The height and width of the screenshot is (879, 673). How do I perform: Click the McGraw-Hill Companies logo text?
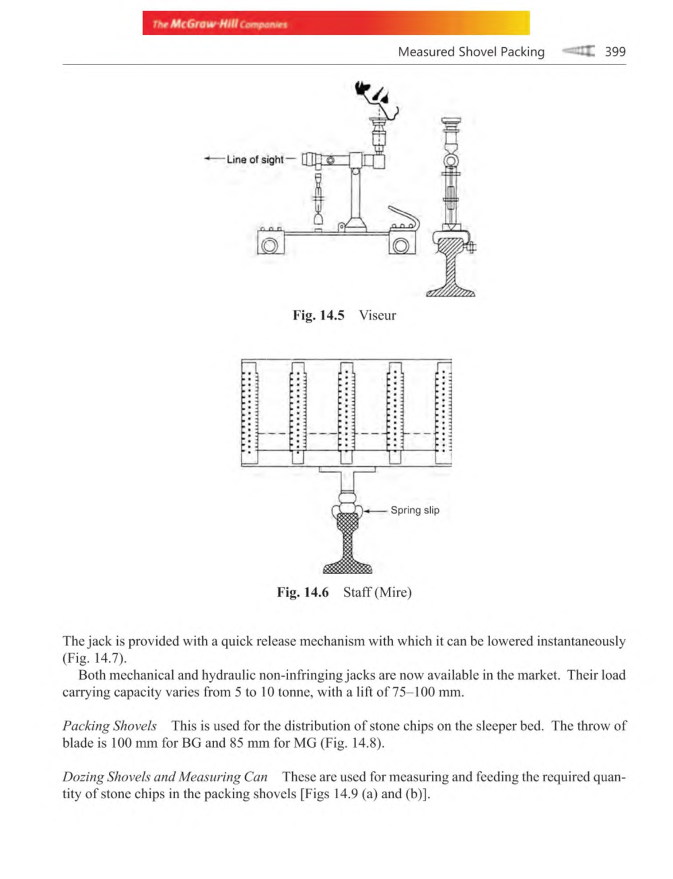coord(220,24)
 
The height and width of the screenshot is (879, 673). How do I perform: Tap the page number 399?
coord(615,52)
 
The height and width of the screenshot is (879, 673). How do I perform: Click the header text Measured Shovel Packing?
coord(471,52)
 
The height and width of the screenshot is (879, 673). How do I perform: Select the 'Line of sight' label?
coord(255,159)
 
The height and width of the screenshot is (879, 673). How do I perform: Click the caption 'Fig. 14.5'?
coord(318,315)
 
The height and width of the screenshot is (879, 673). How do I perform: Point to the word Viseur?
coord(377,315)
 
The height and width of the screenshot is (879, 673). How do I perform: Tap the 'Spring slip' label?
coord(415,510)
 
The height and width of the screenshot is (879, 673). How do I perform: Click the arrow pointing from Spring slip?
coord(376,511)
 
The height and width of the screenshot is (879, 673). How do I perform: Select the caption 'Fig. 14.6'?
coord(302,592)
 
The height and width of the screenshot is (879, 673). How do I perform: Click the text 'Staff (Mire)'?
coord(377,592)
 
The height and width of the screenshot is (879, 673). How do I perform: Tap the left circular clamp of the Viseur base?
coord(270,246)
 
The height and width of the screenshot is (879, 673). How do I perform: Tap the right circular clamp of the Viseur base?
coord(402,246)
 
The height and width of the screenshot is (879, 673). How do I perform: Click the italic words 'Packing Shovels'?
coord(109,726)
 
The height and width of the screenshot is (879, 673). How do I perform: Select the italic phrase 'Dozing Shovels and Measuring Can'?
coord(165,777)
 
